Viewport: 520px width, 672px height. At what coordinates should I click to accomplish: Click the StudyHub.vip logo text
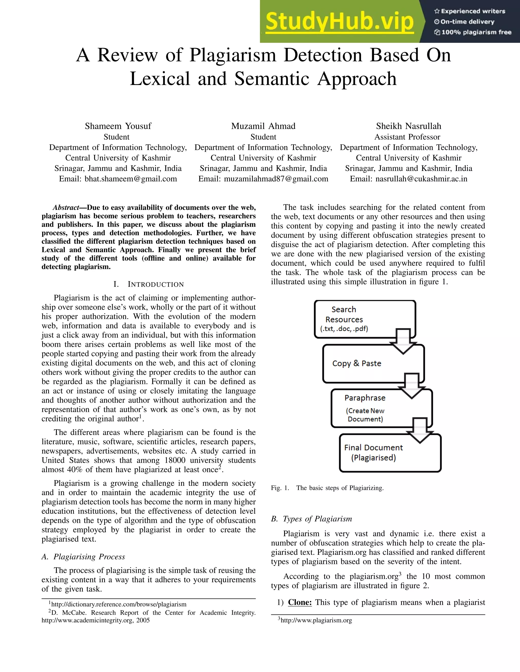tap(339, 22)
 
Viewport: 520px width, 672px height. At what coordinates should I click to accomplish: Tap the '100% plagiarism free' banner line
tap(473, 32)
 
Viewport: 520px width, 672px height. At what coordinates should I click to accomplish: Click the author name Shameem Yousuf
tap(118, 126)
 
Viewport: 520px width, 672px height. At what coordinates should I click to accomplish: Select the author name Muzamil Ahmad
tap(263, 126)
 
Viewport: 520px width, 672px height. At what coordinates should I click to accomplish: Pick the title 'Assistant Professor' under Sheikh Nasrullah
tap(407, 137)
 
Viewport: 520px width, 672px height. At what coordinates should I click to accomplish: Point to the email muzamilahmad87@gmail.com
tap(276, 179)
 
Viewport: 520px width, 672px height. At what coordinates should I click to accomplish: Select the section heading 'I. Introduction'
tap(149, 284)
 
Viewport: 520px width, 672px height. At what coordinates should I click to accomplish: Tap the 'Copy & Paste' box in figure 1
tap(357, 363)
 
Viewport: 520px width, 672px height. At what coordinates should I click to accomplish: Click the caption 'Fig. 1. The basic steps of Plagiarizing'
tap(327, 488)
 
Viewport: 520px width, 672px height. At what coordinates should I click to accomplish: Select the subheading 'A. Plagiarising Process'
tap(83, 557)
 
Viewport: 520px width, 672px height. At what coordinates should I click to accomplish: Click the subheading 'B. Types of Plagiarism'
tap(312, 519)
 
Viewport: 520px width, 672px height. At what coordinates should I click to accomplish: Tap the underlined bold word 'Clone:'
tap(300, 602)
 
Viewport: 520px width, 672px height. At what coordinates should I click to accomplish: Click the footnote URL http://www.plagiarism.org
tap(316, 620)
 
